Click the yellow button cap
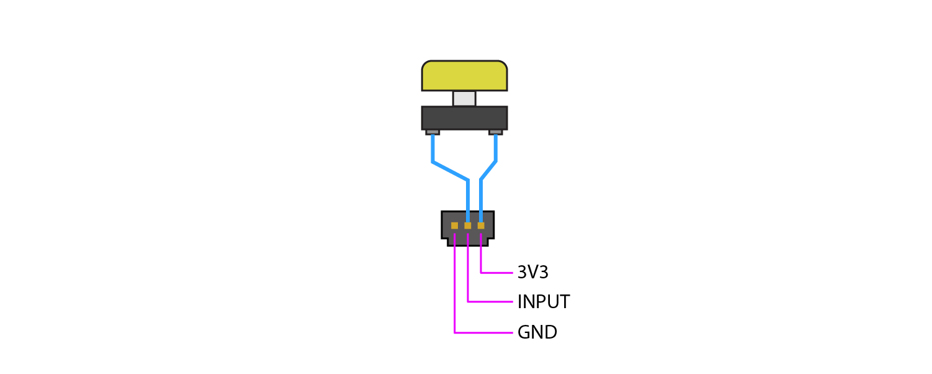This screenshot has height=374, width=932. (x=464, y=76)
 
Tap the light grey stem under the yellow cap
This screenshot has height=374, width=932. (x=464, y=98)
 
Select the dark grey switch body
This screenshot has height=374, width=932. (x=464, y=117)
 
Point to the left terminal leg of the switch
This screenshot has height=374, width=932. (x=432, y=132)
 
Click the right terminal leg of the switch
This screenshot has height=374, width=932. (x=495, y=132)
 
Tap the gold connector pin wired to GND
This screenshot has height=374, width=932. (x=454, y=226)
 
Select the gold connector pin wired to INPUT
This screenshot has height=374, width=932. (x=467, y=226)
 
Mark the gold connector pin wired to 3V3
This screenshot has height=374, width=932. (x=481, y=226)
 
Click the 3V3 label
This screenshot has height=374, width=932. (x=532, y=272)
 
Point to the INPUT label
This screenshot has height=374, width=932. (x=543, y=303)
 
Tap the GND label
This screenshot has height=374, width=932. (x=537, y=332)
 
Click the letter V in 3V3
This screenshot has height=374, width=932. (x=532, y=272)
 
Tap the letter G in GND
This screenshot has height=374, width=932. (x=523, y=332)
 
